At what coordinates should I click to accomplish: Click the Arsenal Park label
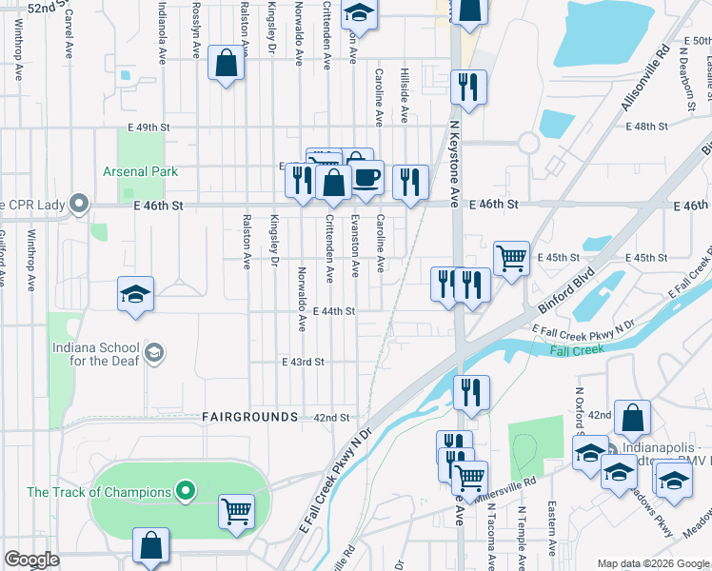[140, 172]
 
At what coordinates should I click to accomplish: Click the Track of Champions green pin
[186, 492]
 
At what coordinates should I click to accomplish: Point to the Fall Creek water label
[577, 350]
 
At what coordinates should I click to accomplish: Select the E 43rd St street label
[303, 363]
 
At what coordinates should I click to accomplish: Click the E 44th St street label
[332, 311]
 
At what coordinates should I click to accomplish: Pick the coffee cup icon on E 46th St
[366, 177]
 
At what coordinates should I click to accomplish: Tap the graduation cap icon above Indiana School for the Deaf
[136, 293]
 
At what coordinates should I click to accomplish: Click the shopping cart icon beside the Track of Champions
[236, 511]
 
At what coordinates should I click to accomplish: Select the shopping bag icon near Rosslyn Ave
[227, 65]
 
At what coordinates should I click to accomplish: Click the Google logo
[31, 560]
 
